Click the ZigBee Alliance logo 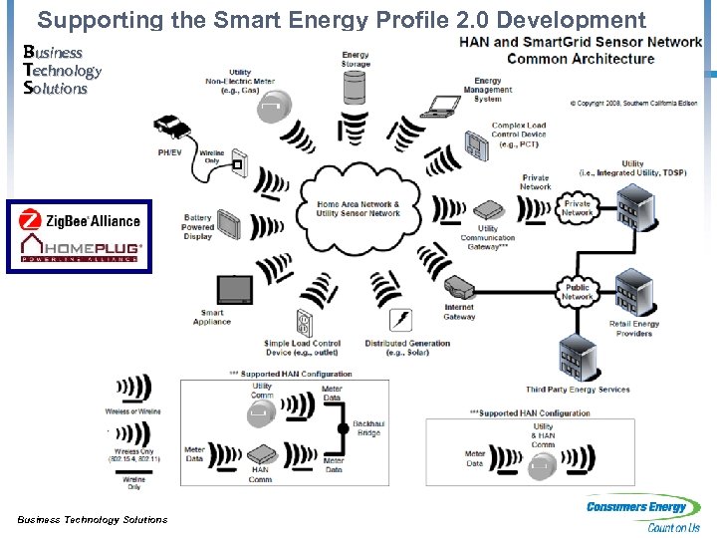click(81, 220)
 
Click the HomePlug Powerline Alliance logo click(81, 248)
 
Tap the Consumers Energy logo click(643, 513)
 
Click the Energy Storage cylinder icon click(355, 87)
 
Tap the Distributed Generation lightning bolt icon click(402, 320)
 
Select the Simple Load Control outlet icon click(304, 323)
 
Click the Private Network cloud click(577, 207)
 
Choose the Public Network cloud click(578, 292)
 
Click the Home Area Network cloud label click(358, 208)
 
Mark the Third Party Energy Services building click(577, 355)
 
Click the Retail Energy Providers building click(632, 294)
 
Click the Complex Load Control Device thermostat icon click(478, 147)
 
